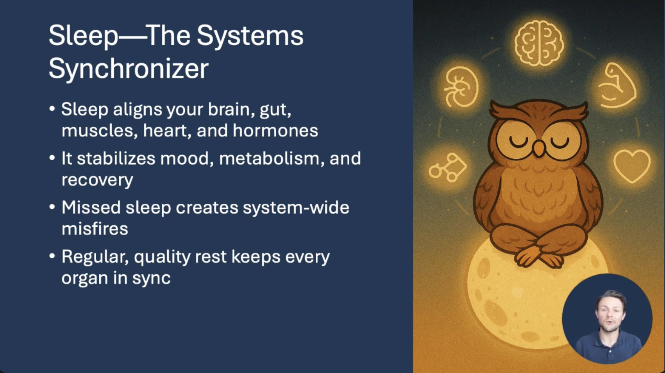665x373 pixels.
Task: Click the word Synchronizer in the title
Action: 129,69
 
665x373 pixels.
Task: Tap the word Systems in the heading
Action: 250,36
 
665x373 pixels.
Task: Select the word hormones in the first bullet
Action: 275,130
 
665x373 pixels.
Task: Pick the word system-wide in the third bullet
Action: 296,207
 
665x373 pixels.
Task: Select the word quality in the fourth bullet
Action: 162,257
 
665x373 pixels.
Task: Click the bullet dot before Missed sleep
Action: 52,207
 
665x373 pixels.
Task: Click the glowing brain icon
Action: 539,43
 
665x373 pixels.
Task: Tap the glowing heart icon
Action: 632,166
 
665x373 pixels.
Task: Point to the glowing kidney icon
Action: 461,87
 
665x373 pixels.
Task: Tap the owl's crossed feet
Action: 538,257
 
